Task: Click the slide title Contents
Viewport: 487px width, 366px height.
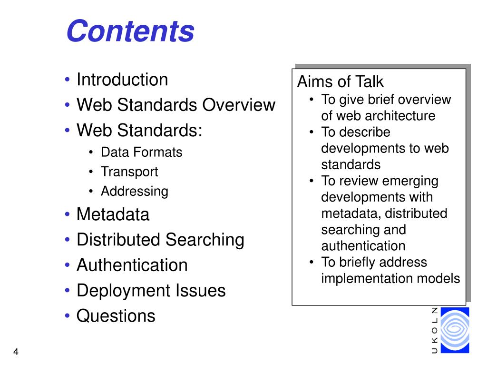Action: [130, 31]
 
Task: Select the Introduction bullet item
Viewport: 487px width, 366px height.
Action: [122, 80]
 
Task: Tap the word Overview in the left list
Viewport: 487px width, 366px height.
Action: [239, 105]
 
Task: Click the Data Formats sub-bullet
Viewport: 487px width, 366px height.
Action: [141, 152]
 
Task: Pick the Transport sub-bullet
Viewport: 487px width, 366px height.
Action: [129, 172]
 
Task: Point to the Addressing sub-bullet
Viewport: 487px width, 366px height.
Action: [135, 192]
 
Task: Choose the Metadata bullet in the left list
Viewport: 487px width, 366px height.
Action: [113, 214]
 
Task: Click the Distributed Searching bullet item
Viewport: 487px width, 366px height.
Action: [160, 240]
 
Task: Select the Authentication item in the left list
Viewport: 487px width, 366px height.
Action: [132, 265]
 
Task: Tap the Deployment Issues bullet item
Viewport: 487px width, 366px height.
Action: [151, 290]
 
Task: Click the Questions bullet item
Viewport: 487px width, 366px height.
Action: [116, 315]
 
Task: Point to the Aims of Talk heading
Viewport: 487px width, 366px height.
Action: [340, 82]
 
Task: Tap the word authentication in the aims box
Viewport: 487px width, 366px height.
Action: [363, 246]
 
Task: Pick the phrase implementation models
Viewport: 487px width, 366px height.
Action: [390, 278]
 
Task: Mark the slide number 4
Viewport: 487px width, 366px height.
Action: [16, 352]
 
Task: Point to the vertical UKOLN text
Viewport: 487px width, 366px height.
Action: [434, 331]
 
